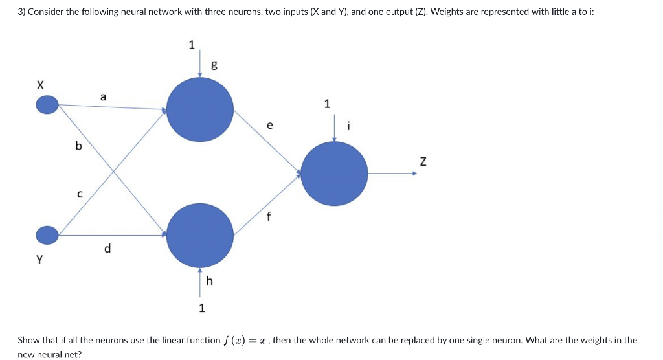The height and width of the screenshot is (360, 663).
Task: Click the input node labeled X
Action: tap(47, 104)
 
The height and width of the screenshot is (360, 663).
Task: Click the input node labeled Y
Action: tap(47, 234)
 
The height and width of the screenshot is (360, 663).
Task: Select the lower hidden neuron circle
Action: tap(200, 235)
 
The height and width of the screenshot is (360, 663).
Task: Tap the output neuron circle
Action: tap(335, 173)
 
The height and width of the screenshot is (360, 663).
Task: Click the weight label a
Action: tap(103, 96)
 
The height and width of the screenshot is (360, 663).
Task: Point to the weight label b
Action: tap(79, 146)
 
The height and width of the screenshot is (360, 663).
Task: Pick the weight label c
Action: tap(80, 193)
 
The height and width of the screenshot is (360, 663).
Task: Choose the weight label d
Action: tap(107, 248)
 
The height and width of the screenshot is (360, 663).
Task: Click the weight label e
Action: tap(269, 125)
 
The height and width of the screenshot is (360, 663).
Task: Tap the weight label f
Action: tap(269, 217)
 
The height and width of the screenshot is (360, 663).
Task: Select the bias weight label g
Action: tap(214, 64)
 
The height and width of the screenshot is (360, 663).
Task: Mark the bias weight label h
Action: tap(209, 280)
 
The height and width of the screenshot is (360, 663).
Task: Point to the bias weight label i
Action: tap(349, 126)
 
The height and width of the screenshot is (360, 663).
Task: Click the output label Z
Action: tap(423, 162)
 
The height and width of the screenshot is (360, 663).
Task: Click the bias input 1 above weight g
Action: tap(191, 45)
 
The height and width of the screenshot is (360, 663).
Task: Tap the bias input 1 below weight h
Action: tap(201, 308)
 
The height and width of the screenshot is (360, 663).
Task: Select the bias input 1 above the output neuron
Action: tap(327, 104)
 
